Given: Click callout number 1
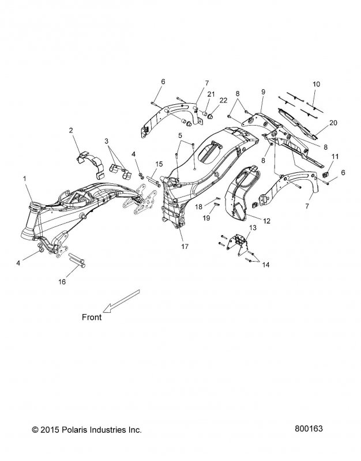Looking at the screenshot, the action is point(25,179).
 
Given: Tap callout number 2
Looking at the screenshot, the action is point(71,130).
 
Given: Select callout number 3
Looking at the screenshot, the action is point(107,141).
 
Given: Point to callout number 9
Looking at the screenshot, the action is point(263,92).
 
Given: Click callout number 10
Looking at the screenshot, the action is point(316,84).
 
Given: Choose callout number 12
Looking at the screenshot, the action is point(266,221).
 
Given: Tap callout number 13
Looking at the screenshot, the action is point(253,228).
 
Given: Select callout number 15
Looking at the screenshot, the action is point(159,164).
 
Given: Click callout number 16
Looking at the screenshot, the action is point(62,282).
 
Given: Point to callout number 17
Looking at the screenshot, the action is point(185,247).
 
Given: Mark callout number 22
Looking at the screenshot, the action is point(223,100).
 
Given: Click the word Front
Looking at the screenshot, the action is point(92,318).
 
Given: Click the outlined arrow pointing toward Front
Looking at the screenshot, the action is point(121,301).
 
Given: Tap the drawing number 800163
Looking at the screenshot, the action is point(309,429).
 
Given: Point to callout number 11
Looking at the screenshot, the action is point(335,156).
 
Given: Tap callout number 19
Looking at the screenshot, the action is point(206,218).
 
